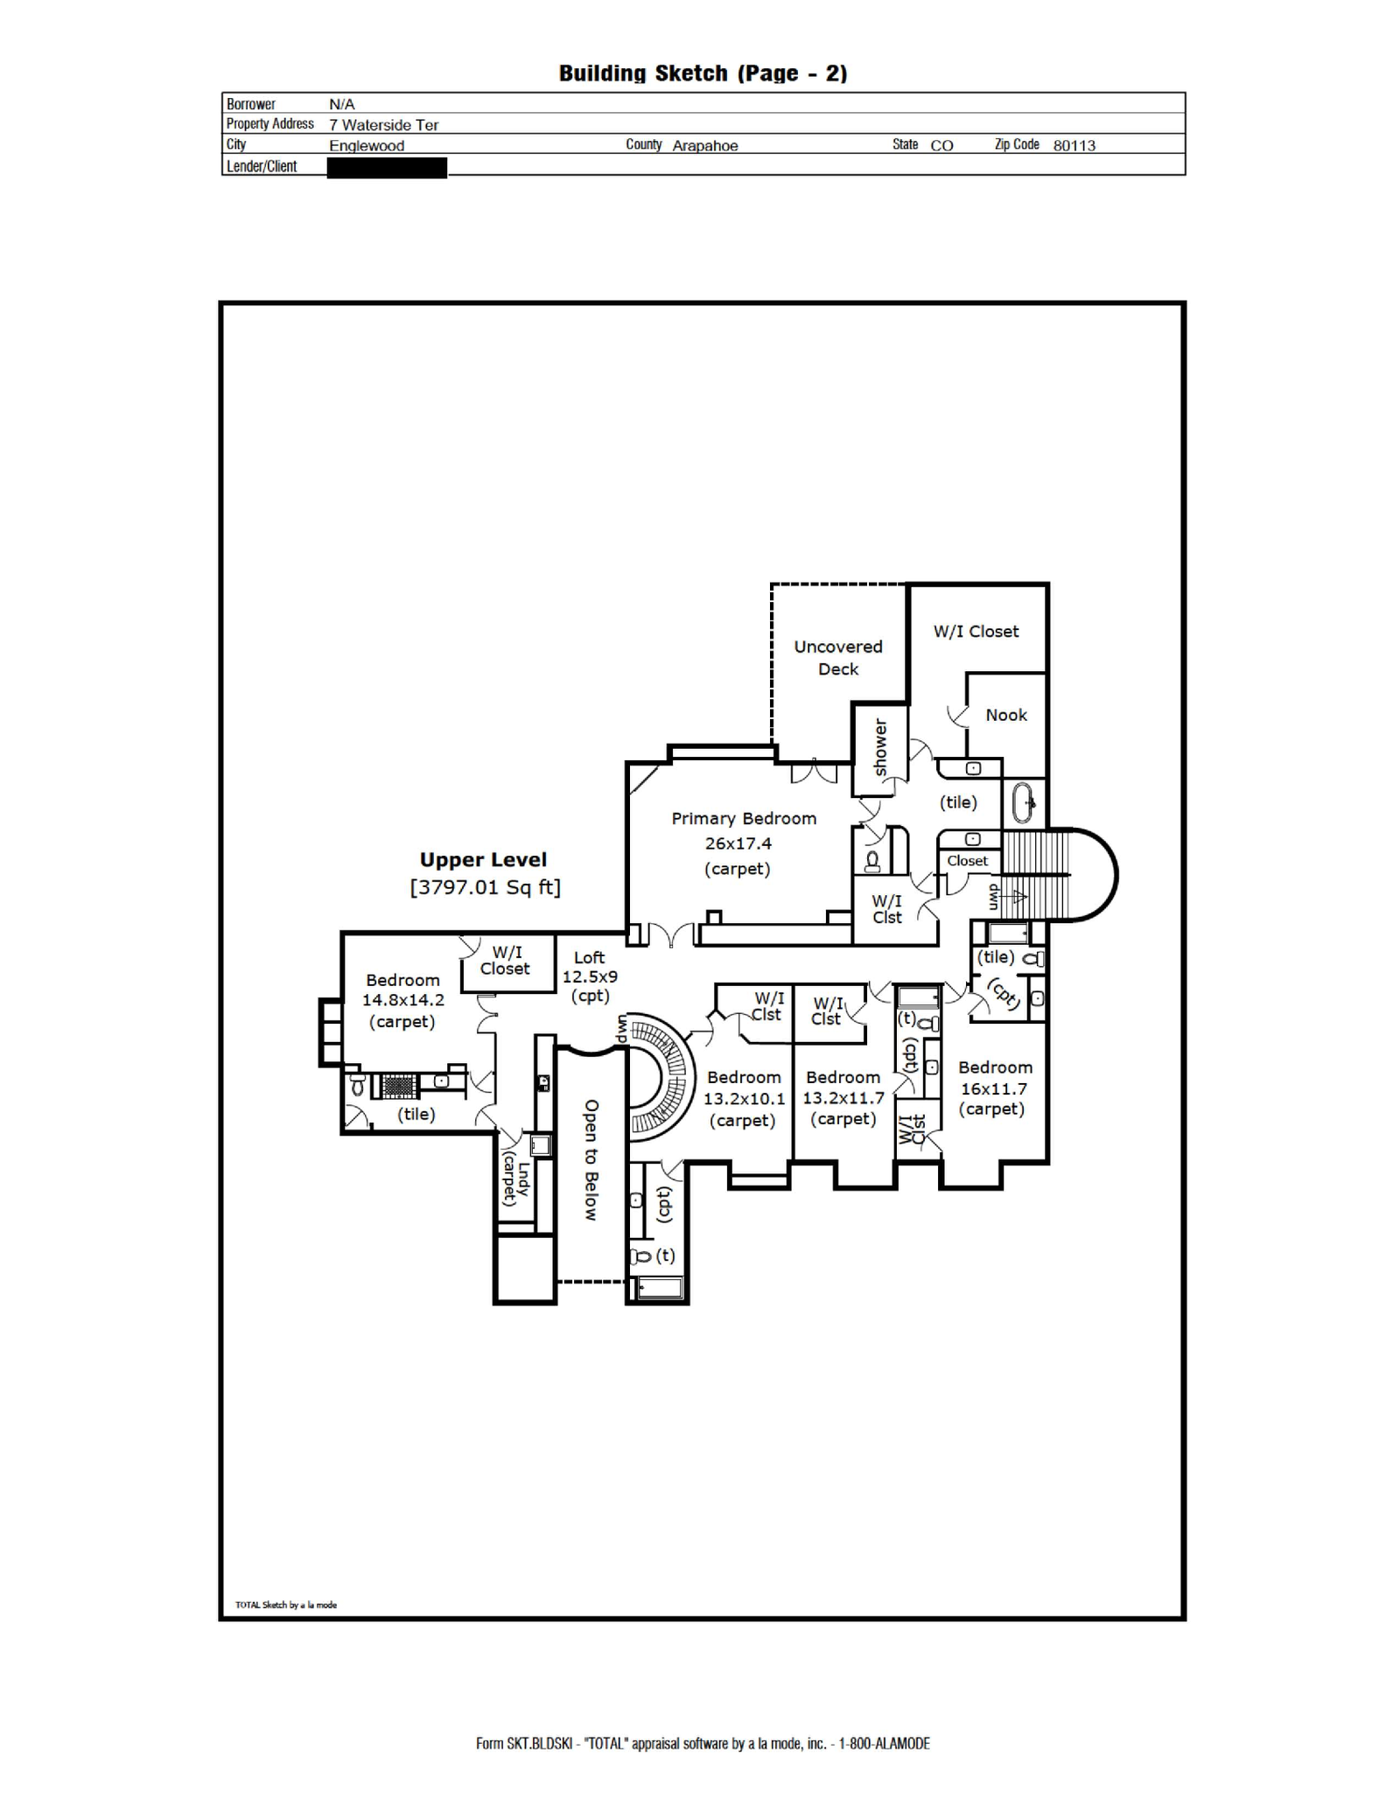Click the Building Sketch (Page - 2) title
click(x=703, y=73)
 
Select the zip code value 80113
click(x=1074, y=145)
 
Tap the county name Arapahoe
click(x=704, y=145)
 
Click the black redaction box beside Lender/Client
click(x=387, y=167)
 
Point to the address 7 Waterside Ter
click(x=383, y=124)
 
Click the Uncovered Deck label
click(x=838, y=658)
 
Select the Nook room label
click(x=1006, y=715)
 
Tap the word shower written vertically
click(x=880, y=747)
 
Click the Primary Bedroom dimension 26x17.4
click(x=738, y=843)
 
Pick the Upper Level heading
click(x=483, y=860)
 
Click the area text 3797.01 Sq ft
click(x=486, y=887)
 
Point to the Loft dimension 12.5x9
click(x=590, y=976)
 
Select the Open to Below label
click(x=591, y=1160)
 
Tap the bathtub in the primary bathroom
click(x=1023, y=803)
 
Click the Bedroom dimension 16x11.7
click(x=994, y=1088)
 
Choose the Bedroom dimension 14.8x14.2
click(x=403, y=1000)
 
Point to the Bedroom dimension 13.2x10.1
click(x=745, y=1099)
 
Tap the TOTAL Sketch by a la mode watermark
click(x=286, y=1605)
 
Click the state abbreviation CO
click(x=941, y=145)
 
